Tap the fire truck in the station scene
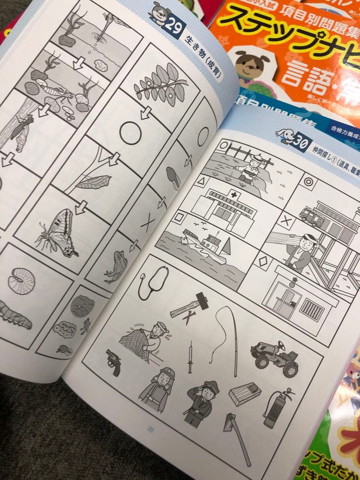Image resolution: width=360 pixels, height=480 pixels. (x=312, y=215)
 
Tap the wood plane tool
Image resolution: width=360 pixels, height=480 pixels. (x=244, y=393)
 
